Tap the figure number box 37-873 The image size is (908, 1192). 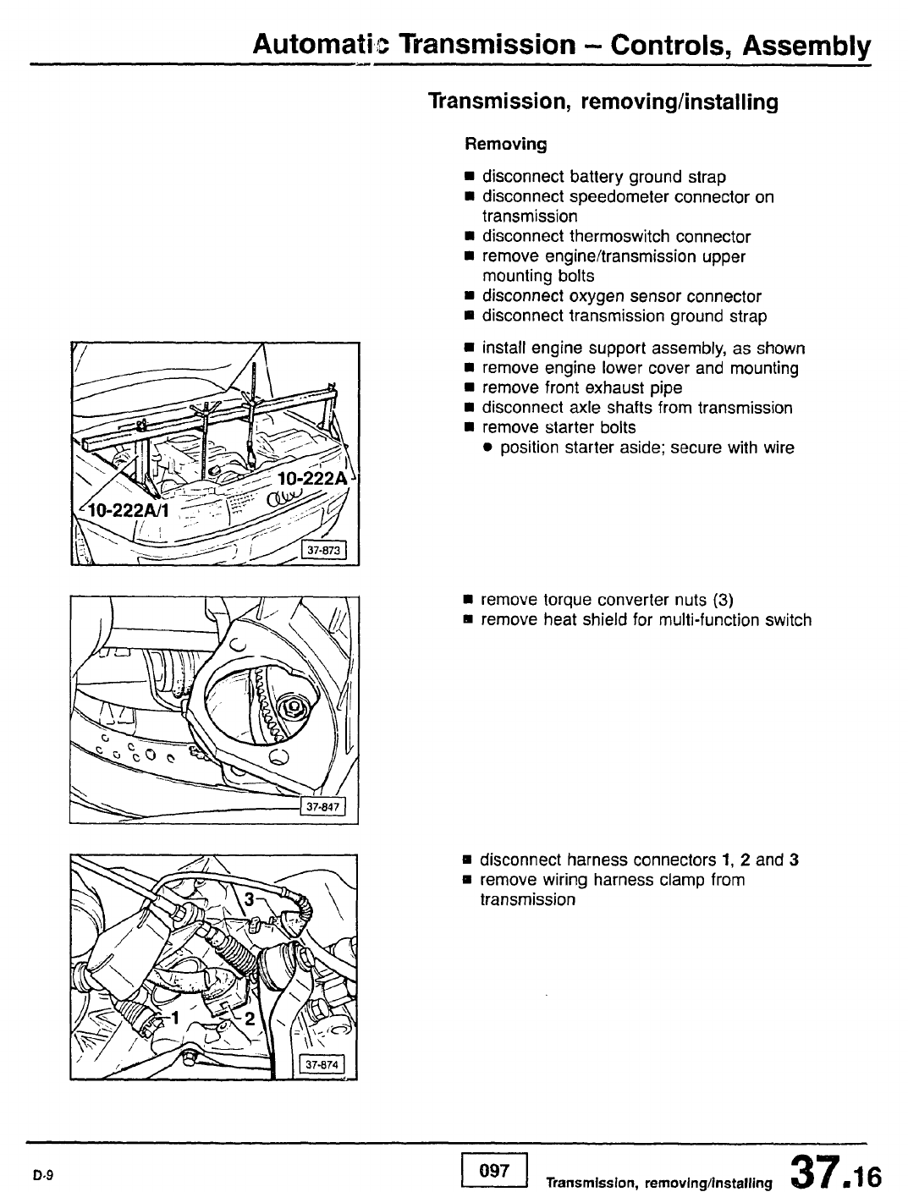tap(323, 552)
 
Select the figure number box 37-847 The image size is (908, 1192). tap(322, 808)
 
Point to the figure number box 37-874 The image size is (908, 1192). tap(322, 1065)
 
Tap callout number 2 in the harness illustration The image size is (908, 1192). tap(249, 1019)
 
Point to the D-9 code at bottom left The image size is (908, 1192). tap(44, 1175)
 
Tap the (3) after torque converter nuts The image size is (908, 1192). tap(722, 601)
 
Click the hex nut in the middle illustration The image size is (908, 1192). tap(293, 706)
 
